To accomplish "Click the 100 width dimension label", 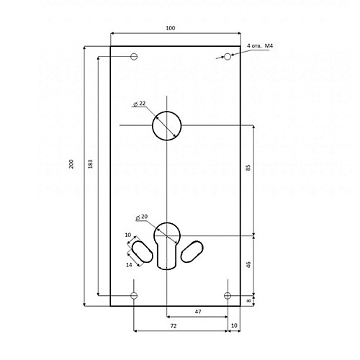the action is point(171,28).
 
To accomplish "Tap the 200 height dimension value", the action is point(71,164).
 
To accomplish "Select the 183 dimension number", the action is point(91,164).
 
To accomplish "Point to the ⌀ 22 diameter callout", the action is point(140,104).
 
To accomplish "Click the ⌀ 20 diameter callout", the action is point(142,217).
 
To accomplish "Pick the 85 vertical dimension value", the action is point(248,168).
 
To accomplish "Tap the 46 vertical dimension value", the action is point(248,265).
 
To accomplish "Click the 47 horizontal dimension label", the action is point(198,312).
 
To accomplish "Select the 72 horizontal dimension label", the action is point(174,325).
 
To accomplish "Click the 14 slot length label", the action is point(129,265).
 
